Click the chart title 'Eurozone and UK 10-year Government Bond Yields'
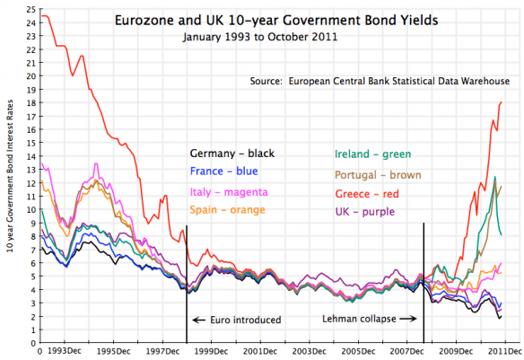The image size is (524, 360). pos(261,19)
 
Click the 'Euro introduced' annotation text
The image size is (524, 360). pos(238,319)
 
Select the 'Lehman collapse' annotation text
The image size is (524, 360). pos(361,319)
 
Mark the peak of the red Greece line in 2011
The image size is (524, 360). pos(499,102)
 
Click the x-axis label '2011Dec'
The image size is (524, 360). pos(501,352)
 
